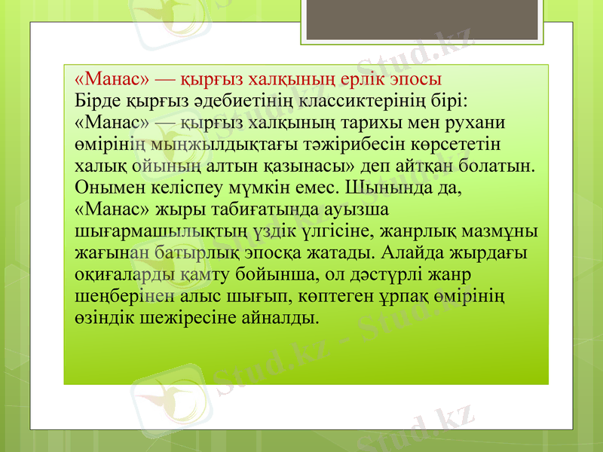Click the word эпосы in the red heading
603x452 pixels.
point(413,78)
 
